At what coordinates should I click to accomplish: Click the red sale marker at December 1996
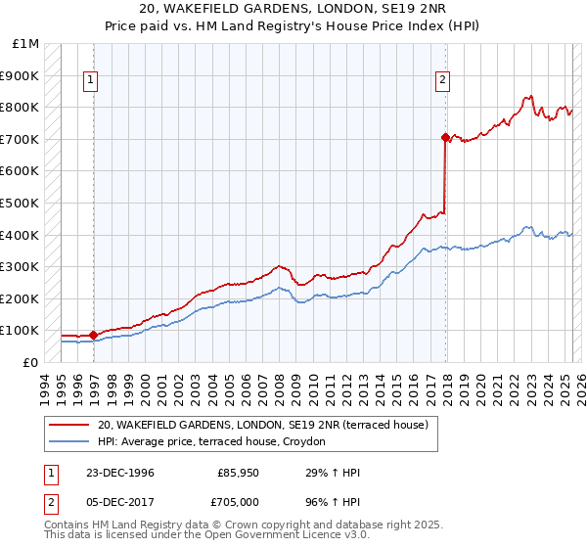[x=93, y=335]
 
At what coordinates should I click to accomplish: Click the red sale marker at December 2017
[x=445, y=138]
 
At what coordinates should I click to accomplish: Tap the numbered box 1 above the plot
[x=90, y=81]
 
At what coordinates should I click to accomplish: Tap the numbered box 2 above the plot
[x=442, y=81]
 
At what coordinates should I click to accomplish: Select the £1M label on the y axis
[x=26, y=44]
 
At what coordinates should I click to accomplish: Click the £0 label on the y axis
[x=30, y=362]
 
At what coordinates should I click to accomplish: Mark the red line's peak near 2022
[x=529, y=97]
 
